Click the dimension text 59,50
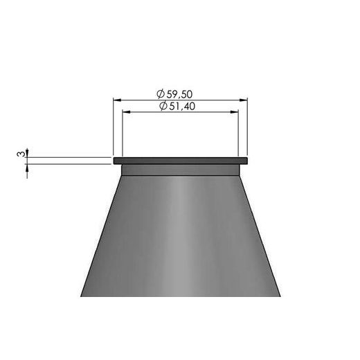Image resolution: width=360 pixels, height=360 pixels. pos(186,93)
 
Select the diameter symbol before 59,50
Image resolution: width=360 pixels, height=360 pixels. pos(161,93)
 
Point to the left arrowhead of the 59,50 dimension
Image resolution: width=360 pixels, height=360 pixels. pos(117,100)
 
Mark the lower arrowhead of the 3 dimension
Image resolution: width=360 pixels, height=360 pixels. pos(28,167)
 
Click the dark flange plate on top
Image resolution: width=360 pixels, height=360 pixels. pos(180,161)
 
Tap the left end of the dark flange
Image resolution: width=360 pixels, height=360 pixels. pos(114,161)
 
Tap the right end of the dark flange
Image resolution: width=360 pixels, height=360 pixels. pos(246,161)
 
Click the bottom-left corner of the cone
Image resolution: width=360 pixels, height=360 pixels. pos(82,296)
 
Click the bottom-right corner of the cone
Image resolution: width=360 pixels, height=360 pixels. pos(279,296)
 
